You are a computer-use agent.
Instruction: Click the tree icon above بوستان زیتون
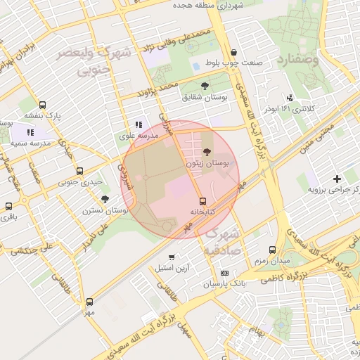206,152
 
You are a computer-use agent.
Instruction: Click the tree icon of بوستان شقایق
205,86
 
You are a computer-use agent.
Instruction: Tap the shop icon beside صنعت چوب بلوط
233,53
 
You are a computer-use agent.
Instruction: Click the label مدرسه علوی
131,136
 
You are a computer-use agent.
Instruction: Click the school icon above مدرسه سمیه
30,131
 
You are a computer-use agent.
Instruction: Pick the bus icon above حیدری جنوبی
79,171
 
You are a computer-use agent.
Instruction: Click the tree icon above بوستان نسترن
105,200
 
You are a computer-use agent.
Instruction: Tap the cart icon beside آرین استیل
172,256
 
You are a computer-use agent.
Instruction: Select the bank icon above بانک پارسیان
224,273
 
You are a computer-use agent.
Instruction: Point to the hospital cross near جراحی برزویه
337,179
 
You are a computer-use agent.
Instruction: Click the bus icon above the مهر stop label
89,300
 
